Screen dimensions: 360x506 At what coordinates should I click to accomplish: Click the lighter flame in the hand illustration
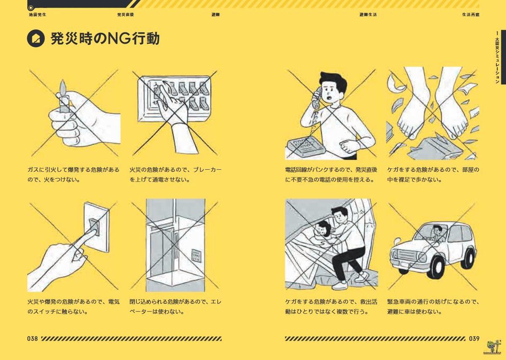pyautogui.click(x=63, y=88)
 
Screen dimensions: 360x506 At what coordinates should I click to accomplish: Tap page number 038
pyautogui.click(x=32, y=338)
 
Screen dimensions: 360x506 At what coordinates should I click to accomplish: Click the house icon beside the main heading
pyautogui.click(x=35, y=39)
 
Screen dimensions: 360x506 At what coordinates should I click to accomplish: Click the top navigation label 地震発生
pyautogui.click(x=37, y=14)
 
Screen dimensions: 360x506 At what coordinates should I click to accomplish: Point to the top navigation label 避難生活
pyautogui.click(x=368, y=14)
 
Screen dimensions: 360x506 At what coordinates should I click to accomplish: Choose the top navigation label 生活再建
pyautogui.click(x=470, y=14)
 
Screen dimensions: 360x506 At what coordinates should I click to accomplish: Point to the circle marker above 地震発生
pyautogui.click(x=30, y=7)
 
